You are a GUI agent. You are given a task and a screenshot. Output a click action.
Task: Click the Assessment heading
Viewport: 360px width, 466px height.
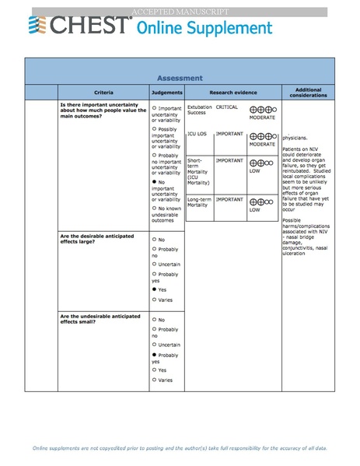[180, 78]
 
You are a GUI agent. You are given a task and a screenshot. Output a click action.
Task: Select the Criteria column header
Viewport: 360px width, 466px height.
[103, 93]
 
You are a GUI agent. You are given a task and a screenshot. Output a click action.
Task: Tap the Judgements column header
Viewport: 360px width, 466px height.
[166, 93]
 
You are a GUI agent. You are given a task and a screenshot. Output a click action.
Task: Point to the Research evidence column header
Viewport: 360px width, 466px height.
[232, 93]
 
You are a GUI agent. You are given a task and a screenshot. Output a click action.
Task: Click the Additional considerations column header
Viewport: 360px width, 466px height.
[308, 93]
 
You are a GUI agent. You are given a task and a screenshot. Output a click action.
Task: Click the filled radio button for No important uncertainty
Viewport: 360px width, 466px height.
[155, 181]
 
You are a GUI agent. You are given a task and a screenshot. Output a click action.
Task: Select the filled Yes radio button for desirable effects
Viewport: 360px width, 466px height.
[155, 289]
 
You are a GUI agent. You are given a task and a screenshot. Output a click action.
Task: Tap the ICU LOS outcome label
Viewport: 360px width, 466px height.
[197, 134]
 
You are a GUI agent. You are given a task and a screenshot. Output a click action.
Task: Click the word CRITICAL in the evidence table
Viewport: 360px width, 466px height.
[227, 107]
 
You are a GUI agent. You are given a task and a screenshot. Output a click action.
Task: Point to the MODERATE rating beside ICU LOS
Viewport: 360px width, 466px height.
[262, 144]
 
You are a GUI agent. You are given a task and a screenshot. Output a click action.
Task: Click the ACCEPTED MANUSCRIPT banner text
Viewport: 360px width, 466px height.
[180, 12]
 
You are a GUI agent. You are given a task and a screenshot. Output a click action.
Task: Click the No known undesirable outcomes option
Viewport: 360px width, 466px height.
[168, 216]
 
